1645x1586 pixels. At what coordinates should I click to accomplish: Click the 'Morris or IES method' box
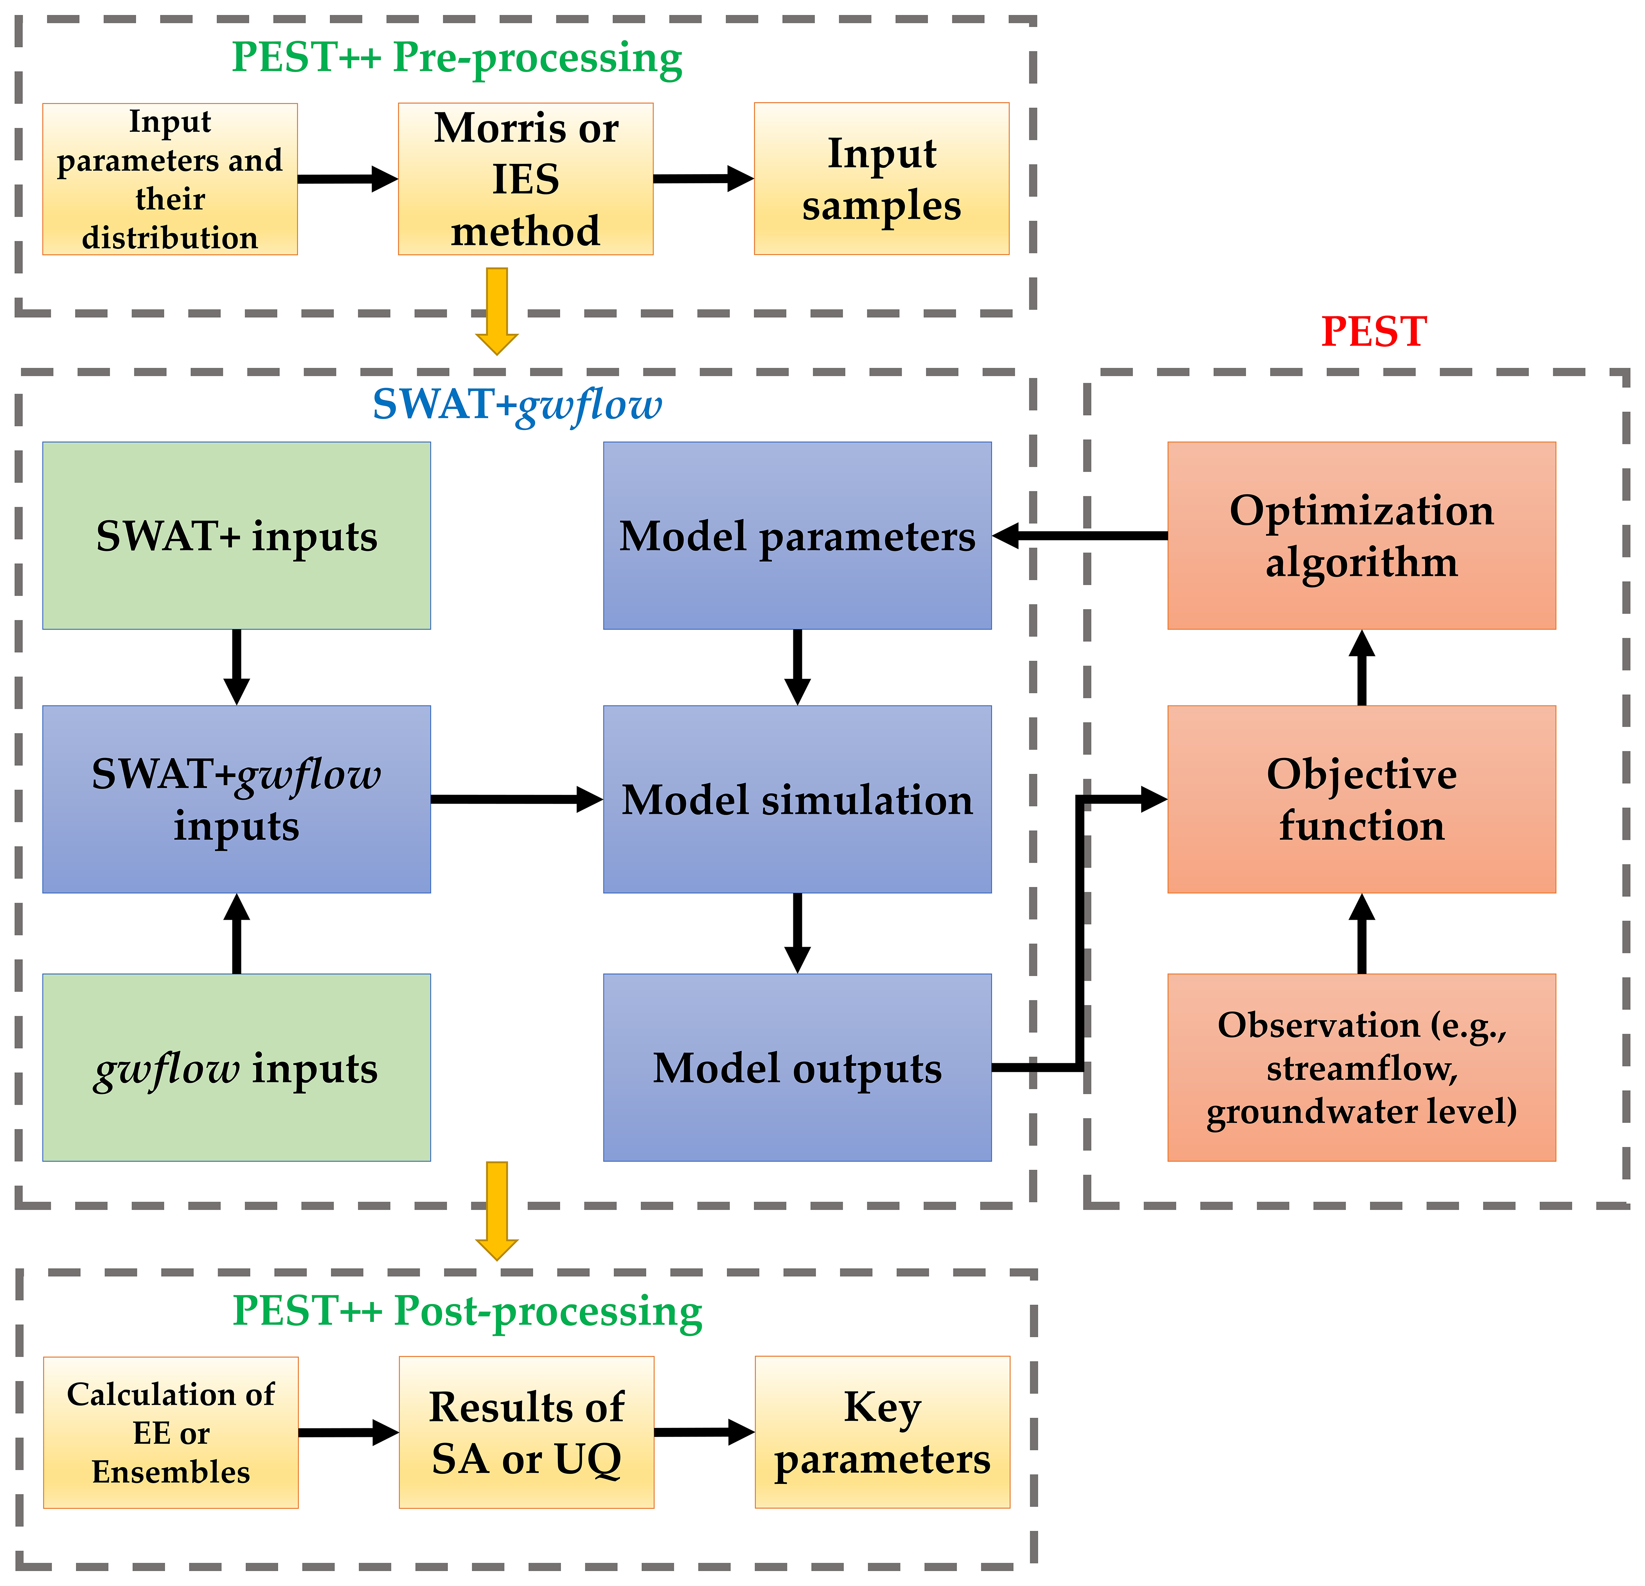click(x=525, y=179)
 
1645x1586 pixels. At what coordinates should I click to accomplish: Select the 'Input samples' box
click(x=881, y=179)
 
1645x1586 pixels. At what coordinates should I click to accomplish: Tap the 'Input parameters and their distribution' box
click(x=169, y=179)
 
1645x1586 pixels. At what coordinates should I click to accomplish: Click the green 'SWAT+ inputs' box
click(x=237, y=535)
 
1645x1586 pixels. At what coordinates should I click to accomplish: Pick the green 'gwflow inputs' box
click(x=237, y=1067)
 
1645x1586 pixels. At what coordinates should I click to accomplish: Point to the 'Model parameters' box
click(x=797, y=535)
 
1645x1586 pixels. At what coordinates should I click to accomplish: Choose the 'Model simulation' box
click(x=797, y=799)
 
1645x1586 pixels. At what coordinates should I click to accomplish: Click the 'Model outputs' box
click(x=797, y=1067)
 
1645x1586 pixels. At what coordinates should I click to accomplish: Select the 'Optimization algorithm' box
click(x=1361, y=535)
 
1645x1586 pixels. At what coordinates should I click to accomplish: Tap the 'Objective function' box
click(x=1361, y=799)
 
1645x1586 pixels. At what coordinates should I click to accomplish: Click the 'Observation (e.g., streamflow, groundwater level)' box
click(x=1361, y=1067)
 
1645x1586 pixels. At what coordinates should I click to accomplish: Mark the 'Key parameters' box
click(x=882, y=1432)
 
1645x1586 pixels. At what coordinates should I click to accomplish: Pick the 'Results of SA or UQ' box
click(x=526, y=1432)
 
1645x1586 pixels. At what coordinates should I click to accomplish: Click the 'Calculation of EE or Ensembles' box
click(x=171, y=1432)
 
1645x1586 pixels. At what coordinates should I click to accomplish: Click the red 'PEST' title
click(x=1373, y=331)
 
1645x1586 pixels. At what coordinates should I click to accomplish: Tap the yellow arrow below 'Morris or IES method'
click(x=497, y=311)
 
